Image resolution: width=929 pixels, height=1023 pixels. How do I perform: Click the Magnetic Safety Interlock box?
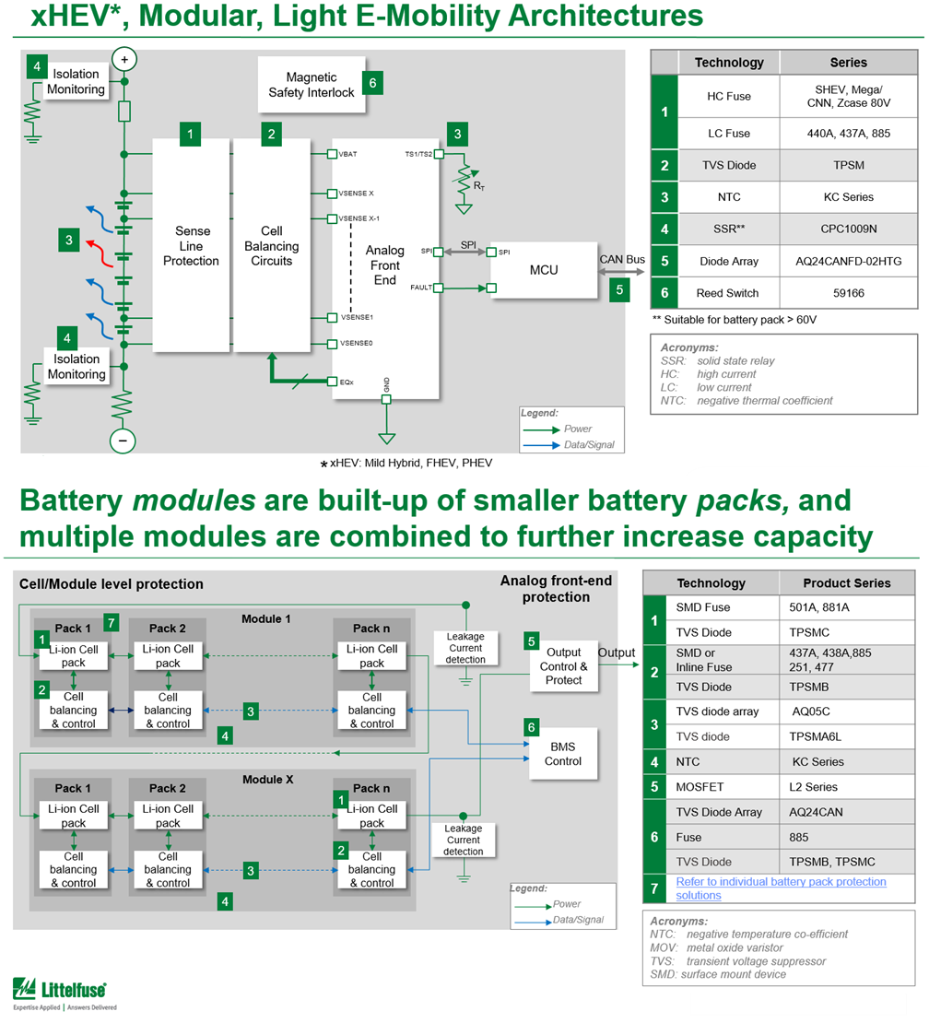point(311,85)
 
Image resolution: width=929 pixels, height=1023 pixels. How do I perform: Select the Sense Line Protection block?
point(191,246)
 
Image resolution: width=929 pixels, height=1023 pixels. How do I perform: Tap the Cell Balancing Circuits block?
point(271,246)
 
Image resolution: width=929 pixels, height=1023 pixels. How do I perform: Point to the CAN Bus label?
point(622,261)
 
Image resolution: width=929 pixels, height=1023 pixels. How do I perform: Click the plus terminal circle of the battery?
point(123,59)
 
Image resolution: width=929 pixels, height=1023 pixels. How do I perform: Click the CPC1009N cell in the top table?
point(849,229)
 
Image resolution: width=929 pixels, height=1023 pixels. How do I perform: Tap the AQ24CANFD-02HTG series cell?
point(849,261)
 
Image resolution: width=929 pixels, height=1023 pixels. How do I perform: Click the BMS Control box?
point(563,754)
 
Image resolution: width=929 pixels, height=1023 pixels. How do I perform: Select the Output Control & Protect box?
point(563,665)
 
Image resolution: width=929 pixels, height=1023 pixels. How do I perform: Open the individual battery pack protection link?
point(781,888)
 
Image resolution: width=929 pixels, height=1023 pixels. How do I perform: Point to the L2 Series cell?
point(815,787)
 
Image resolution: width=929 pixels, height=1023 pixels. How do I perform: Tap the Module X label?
point(268,780)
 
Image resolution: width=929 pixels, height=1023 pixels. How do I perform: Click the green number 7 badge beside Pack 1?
point(112,622)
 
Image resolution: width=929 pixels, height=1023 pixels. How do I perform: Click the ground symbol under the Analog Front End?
point(387,438)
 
